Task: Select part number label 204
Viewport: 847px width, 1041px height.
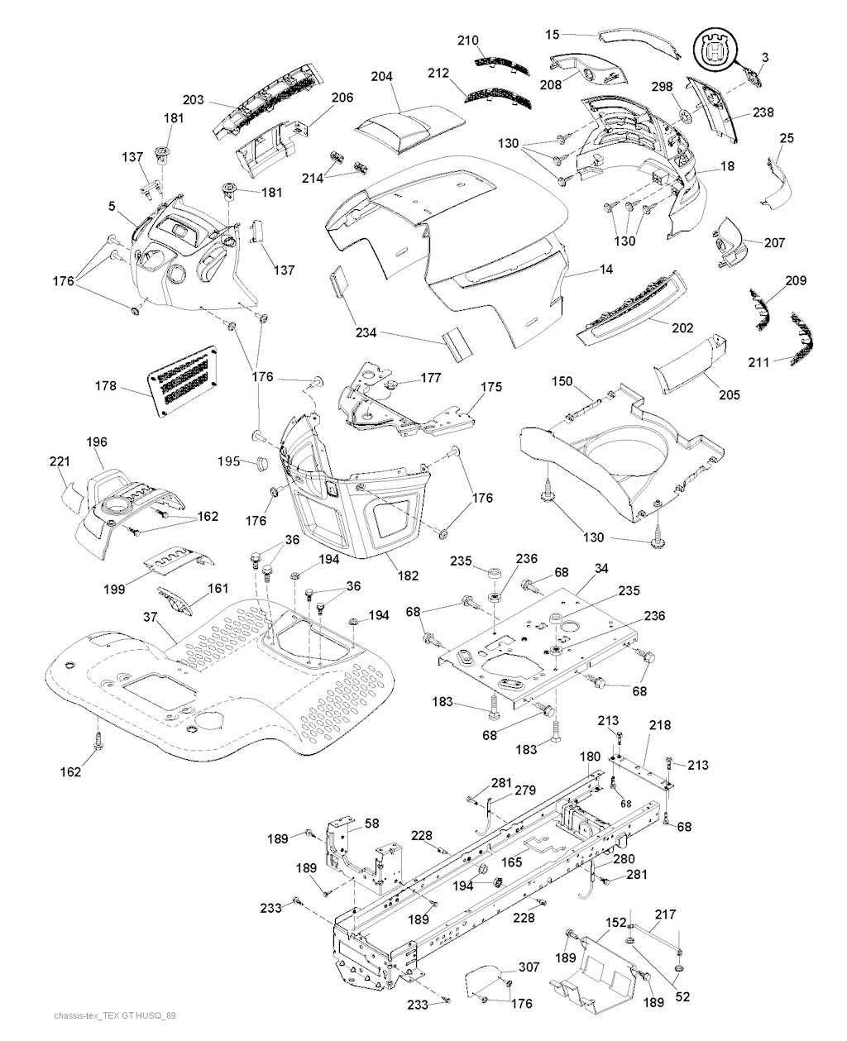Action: point(381,76)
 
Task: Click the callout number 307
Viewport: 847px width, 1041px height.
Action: point(529,967)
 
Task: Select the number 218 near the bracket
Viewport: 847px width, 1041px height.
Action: point(660,725)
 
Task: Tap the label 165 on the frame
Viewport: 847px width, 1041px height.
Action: point(510,862)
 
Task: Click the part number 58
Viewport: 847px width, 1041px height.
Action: point(372,823)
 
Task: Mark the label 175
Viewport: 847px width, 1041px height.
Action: point(490,386)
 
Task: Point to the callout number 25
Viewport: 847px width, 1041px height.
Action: point(786,138)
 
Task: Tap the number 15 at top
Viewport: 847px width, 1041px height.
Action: point(553,34)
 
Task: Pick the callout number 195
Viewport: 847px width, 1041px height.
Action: point(229,460)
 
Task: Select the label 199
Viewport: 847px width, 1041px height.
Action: point(115,589)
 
